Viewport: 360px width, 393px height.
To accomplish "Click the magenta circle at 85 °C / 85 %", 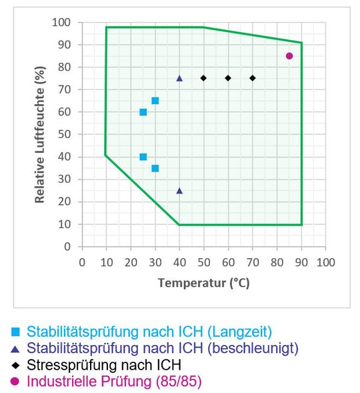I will click(289, 56).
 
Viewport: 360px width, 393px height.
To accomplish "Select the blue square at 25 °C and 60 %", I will click(143, 112).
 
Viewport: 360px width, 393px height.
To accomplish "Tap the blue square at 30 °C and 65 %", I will click(155, 101).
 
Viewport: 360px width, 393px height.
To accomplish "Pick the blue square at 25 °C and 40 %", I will click(143, 157).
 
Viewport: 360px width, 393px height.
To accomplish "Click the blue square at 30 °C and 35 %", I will click(155, 168).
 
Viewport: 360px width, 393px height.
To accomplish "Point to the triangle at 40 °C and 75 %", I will click(179, 78).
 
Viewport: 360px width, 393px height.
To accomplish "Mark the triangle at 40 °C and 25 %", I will click(179, 191).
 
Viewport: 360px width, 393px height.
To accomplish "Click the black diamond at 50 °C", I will click(203, 78).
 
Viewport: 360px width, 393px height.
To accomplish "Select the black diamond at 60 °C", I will click(228, 78).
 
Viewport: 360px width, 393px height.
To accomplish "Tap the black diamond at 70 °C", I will click(253, 78).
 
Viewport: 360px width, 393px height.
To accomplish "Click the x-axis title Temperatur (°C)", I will click(203, 283).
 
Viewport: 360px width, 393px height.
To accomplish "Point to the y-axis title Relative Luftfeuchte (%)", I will click(41, 134).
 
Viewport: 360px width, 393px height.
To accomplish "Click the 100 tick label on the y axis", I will click(62, 23).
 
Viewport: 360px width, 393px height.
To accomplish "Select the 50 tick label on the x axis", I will click(203, 262).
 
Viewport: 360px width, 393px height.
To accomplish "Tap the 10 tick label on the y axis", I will click(65, 224).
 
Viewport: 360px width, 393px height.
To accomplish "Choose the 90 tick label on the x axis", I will click(301, 262).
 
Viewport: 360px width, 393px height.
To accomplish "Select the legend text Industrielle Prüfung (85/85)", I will click(113, 382).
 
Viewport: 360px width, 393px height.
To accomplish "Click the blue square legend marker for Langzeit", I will click(15, 332).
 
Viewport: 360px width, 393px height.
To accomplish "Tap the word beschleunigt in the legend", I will click(255, 348).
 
